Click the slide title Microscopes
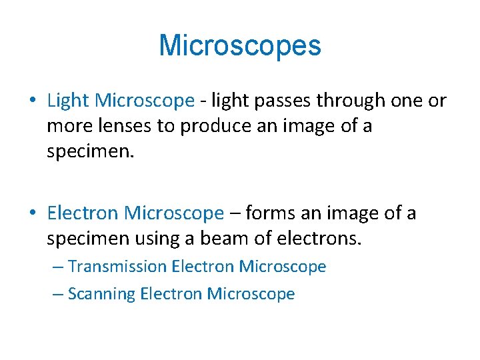240,45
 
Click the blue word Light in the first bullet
69,101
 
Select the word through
351,101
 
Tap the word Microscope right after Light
144,101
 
